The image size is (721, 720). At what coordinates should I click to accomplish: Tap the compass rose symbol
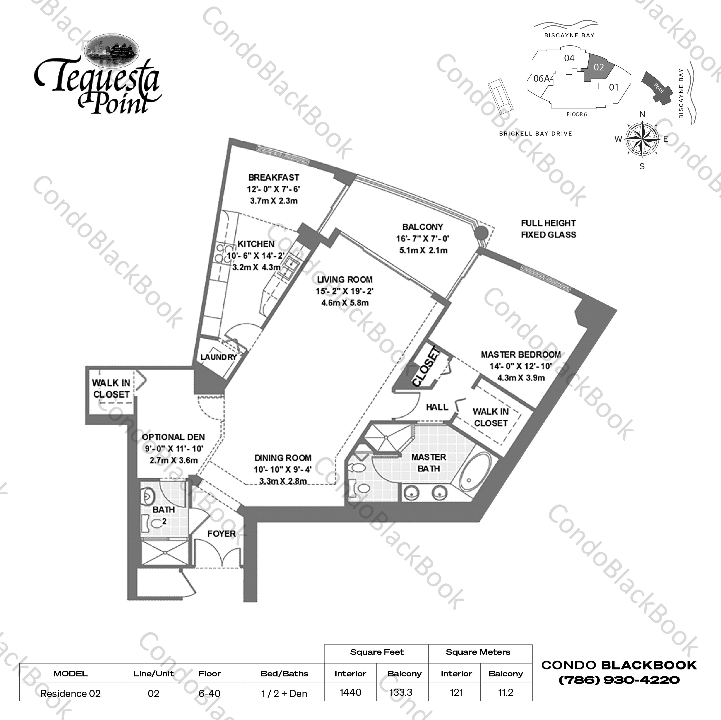pyautogui.click(x=642, y=139)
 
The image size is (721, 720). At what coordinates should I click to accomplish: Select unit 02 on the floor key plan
pyautogui.click(x=599, y=67)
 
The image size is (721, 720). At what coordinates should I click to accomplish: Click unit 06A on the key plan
pyautogui.click(x=541, y=79)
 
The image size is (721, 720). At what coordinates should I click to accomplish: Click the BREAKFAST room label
pyautogui.click(x=273, y=177)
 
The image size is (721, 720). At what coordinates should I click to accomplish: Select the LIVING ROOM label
pyautogui.click(x=344, y=280)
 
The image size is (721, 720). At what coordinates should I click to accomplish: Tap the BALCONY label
pyautogui.click(x=422, y=227)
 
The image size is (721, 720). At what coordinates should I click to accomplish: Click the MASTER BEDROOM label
pyautogui.click(x=521, y=354)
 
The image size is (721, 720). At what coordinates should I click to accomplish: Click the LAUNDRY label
pyautogui.click(x=219, y=357)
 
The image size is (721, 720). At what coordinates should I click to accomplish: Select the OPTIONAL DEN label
pyautogui.click(x=174, y=437)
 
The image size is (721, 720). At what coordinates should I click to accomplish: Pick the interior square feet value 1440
pyautogui.click(x=350, y=692)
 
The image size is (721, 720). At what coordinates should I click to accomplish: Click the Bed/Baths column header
pyautogui.click(x=284, y=673)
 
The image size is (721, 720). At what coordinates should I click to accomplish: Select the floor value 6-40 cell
pyautogui.click(x=209, y=693)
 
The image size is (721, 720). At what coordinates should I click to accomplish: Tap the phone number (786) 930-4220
pyautogui.click(x=619, y=680)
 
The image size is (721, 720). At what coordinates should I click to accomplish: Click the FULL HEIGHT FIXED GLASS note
pyautogui.click(x=548, y=229)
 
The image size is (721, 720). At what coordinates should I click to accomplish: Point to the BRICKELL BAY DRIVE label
pyautogui.click(x=535, y=133)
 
